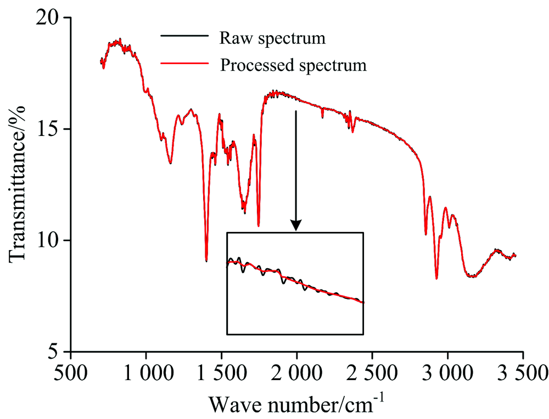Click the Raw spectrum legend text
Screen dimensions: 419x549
coord(272,38)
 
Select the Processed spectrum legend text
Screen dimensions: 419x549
coord(293,65)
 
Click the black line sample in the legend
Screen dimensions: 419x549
coord(185,37)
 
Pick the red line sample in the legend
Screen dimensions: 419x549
coord(185,64)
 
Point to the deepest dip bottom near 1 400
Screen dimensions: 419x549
coord(206,261)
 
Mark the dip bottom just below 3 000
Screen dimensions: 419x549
coord(436,278)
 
